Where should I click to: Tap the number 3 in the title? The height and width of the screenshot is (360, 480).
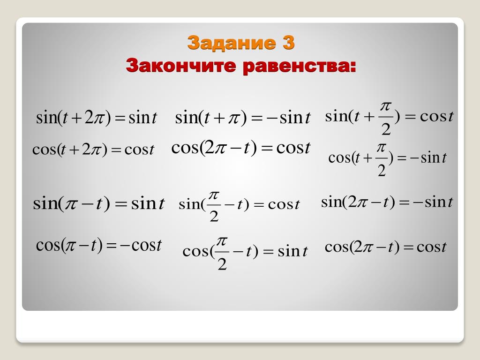(288, 42)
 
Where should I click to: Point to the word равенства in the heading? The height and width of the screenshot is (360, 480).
(300, 66)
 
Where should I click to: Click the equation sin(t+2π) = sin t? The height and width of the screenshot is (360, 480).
(97, 118)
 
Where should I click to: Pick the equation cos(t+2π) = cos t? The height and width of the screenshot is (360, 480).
(93, 150)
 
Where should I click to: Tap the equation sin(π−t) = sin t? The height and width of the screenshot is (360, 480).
(99, 203)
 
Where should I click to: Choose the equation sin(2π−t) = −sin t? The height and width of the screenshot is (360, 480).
(387, 202)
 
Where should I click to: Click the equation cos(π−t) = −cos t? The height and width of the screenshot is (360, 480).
(98, 245)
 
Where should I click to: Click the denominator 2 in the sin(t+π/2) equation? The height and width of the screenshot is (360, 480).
(386, 129)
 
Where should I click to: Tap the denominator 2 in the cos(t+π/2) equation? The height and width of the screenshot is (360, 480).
(382, 170)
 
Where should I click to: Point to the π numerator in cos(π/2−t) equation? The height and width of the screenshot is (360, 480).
(222, 242)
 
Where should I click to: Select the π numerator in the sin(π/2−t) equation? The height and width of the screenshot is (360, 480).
(214, 195)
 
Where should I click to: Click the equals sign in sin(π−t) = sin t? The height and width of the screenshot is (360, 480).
(120, 204)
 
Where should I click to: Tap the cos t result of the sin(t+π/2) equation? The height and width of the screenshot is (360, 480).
(437, 116)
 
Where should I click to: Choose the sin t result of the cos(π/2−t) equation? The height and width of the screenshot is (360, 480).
(292, 251)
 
